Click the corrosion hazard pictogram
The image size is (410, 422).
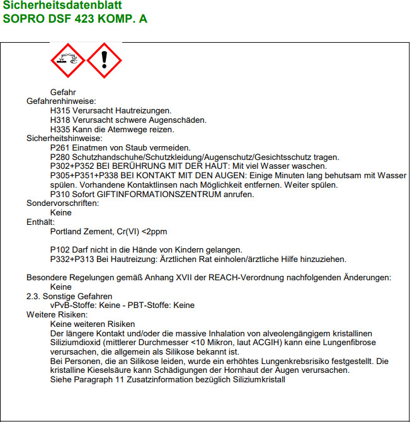click(68, 60)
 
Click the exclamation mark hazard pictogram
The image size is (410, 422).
click(104, 60)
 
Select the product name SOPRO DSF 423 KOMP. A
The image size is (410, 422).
click(75, 19)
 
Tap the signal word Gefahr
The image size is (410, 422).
click(63, 92)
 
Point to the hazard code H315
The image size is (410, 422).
click(60, 110)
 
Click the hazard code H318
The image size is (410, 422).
click(60, 120)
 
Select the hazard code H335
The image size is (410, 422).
click(60, 129)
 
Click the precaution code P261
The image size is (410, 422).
click(60, 147)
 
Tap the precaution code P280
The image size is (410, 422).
click(60, 157)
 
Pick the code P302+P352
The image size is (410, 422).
click(71, 166)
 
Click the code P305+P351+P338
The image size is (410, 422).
click(81, 175)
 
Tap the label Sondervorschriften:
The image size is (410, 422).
click(62, 203)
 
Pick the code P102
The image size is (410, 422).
click(60, 250)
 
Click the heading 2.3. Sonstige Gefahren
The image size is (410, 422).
click(69, 296)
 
